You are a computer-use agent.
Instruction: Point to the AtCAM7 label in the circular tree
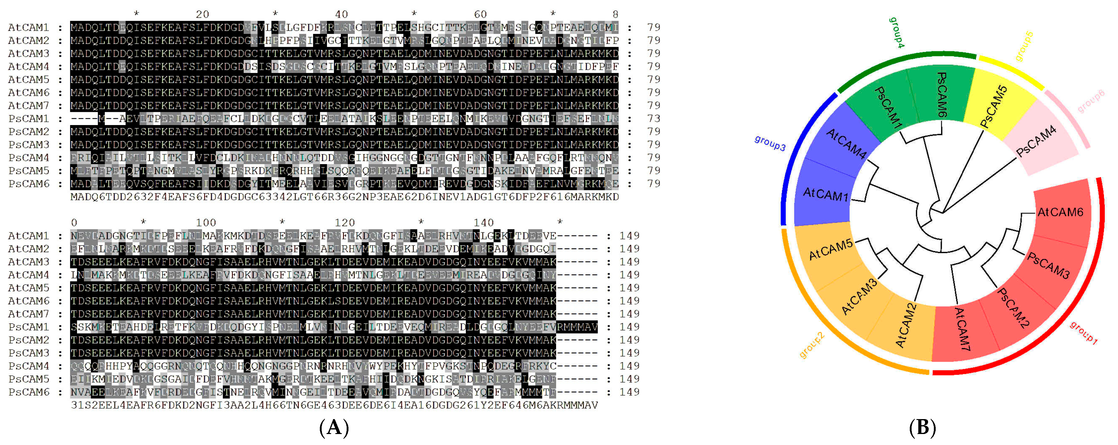(962, 329)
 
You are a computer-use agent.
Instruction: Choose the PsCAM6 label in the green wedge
(941, 94)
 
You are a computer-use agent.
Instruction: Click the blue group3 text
(770, 143)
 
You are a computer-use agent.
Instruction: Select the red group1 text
(1083, 333)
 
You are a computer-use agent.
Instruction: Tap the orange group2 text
(812, 345)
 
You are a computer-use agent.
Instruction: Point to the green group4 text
(897, 33)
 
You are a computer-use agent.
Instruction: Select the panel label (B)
(922, 428)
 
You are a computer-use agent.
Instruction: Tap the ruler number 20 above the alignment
(202, 14)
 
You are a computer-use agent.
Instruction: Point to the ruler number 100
(206, 223)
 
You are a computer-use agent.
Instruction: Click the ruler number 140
(484, 223)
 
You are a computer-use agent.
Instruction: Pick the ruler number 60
(480, 14)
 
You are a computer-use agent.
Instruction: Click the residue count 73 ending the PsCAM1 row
(654, 119)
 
